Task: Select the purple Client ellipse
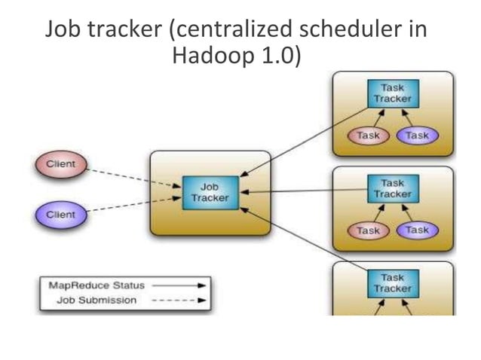click(61, 214)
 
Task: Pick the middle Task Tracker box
click(392, 189)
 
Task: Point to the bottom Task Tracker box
click(392, 282)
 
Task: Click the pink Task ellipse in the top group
click(367, 136)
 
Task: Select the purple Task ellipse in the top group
click(416, 136)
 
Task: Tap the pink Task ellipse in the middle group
click(367, 230)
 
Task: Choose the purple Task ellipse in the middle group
click(416, 230)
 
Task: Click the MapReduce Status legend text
click(96, 286)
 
